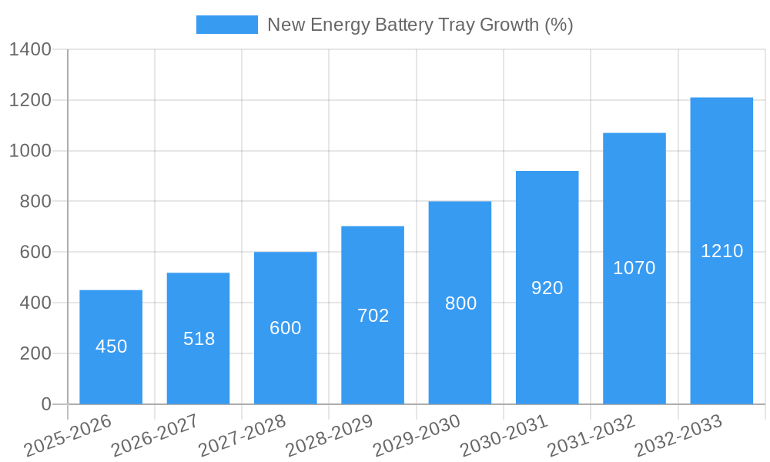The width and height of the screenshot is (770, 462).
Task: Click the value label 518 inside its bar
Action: click(199, 339)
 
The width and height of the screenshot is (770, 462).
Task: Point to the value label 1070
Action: click(634, 268)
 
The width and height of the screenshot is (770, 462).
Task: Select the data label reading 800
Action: click(460, 303)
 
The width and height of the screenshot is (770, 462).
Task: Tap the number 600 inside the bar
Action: click(286, 328)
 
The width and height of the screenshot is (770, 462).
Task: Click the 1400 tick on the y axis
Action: click(30, 50)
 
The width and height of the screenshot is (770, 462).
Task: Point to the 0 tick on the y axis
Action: click(45, 404)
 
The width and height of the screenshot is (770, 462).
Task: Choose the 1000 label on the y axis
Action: click(30, 151)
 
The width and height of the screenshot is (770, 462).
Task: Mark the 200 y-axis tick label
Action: click(35, 353)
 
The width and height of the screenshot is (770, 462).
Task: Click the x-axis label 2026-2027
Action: click(155, 436)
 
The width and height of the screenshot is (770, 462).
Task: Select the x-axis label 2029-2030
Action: click(417, 436)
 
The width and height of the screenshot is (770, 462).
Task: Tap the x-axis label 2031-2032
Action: click(591, 436)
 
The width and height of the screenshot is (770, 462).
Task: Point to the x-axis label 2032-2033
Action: click(678, 436)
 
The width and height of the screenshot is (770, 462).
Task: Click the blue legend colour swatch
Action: click(226, 25)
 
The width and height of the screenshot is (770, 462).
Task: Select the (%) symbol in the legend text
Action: click(558, 25)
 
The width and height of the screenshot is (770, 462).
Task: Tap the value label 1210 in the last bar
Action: click(721, 251)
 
